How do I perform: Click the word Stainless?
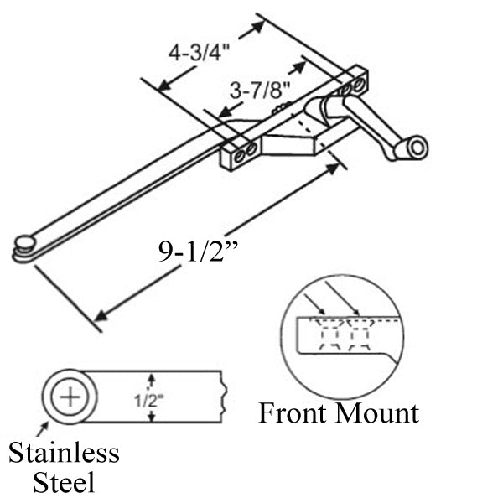pos(64,454)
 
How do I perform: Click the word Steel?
pos(64,483)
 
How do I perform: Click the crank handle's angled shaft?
pos(369,127)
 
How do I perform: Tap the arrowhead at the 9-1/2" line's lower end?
pos(100,316)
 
